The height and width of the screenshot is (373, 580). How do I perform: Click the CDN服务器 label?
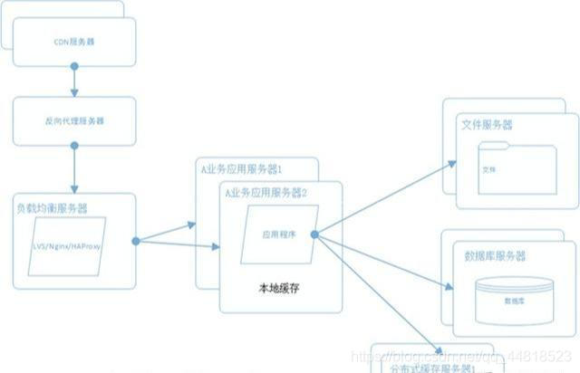click(74, 42)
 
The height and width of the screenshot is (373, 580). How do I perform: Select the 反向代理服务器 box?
click(74, 120)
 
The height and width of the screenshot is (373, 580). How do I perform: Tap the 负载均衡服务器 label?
click(52, 208)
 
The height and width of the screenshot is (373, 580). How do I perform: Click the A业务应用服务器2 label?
click(266, 193)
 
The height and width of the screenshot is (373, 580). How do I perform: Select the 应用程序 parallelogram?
click(278, 234)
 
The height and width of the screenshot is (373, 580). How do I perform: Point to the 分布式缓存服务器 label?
click(428, 368)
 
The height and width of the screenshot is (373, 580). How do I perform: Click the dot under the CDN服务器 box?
click(74, 66)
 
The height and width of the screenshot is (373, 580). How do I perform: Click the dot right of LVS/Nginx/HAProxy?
click(135, 241)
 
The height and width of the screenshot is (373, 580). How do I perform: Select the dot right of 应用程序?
click(314, 234)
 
